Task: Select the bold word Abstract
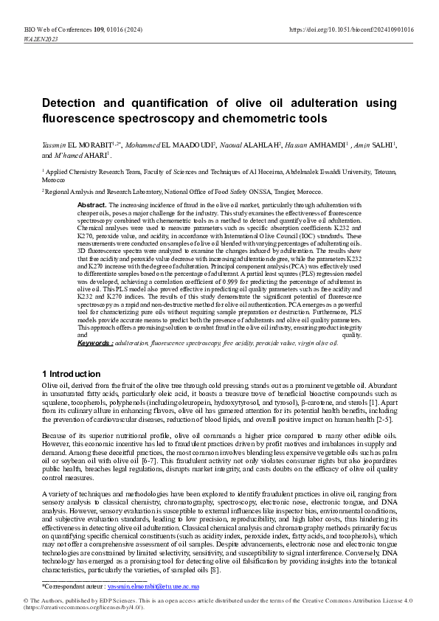click(91, 204)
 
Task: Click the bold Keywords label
click(95, 343)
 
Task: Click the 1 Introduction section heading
click(72, 374)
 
